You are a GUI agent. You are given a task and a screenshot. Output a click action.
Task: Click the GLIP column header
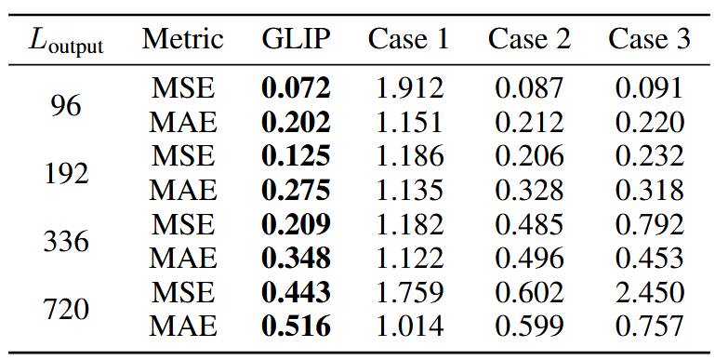296,39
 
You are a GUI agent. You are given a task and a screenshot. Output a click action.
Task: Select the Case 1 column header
409,39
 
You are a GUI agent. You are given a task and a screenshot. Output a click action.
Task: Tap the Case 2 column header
529,39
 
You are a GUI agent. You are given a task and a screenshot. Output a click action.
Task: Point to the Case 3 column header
649,39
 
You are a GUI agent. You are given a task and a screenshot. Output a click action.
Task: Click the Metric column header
183,39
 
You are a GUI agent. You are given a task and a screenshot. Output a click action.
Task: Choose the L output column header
66,42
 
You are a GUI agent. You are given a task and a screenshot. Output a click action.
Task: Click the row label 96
66,105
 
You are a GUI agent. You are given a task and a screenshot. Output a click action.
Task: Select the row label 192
66,173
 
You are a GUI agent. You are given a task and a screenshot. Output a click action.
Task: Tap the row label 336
66,241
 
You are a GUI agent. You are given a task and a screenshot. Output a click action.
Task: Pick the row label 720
66,309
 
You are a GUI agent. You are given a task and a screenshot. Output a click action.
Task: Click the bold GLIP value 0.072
296,88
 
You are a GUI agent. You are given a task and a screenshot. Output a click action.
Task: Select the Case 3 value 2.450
649,292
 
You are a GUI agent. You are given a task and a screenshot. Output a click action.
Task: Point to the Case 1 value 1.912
409,88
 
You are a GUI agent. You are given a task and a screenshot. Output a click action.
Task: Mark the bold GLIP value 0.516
296,327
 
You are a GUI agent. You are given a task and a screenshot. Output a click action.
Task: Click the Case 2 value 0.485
529,224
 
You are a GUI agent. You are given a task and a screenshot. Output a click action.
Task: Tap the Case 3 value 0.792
649,224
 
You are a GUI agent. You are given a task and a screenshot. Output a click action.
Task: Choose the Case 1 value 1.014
409,327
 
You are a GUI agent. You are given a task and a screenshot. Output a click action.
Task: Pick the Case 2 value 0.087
529,88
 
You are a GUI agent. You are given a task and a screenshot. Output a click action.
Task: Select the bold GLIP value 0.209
296,224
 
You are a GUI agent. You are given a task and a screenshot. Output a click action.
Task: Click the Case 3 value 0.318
649,191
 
